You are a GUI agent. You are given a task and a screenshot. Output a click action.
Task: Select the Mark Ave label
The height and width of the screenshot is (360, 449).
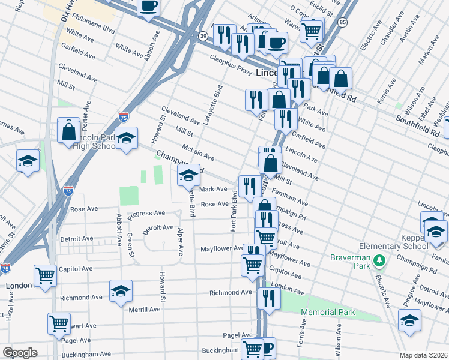pyautogui.click(x=213, y=189)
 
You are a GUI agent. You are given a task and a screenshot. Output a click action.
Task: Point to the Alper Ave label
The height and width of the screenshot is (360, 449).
pyautogui.click(x=179, y=241)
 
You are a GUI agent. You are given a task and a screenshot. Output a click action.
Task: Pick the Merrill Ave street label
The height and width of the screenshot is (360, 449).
pyautogui.click(x=145, y=309)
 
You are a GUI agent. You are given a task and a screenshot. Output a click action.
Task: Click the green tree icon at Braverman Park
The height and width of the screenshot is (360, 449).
pyautogui.click(x=378, y=260)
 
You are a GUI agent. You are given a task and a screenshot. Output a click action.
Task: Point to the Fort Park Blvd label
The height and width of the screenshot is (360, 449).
pyautogui.click(x=234, y=215)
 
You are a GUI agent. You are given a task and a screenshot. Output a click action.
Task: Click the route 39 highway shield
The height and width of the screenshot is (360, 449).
pyautogui.click(x=203, y=37)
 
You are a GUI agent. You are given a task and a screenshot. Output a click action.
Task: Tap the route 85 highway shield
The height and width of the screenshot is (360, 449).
pyautogui.click(x=342, y=23)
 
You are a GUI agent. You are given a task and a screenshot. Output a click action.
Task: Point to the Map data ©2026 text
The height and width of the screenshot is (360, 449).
pyautogui.click(x=423, y=355)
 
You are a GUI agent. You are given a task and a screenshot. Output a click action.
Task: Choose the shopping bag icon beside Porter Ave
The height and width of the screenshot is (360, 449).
pyautogui.click(x=70, y=131)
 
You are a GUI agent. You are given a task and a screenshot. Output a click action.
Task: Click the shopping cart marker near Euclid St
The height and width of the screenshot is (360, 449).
pyautogui.click(x=312, y=29)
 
